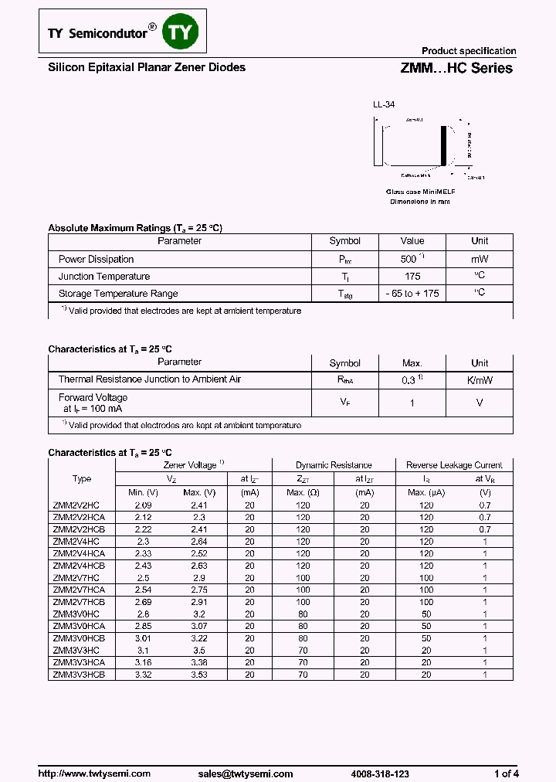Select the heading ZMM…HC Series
tap(456, 68)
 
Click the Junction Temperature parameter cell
tap(104, 277)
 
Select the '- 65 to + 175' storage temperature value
tap(412, 294)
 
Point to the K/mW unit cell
tap(480, 380)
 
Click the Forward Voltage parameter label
tap(93, 398)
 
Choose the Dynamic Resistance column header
tap(334, 465)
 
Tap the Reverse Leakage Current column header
tap(454, 465)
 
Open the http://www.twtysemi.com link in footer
tap(94, 773)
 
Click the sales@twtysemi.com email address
tap(245, 773)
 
